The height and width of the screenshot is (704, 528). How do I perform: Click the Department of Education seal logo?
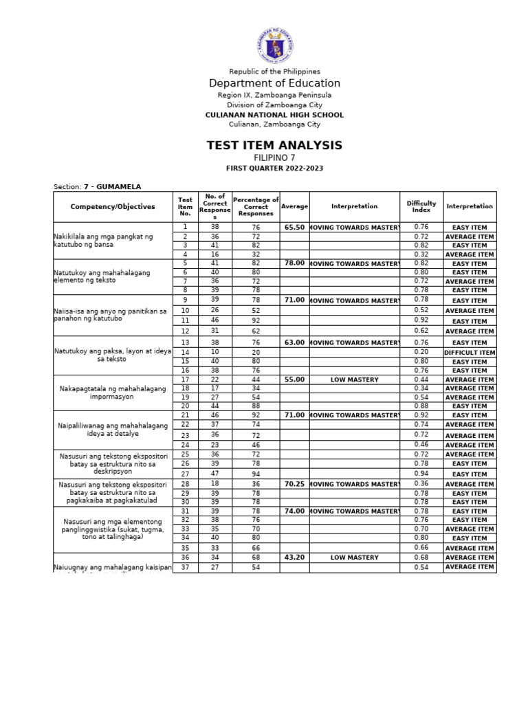tap(274, 43)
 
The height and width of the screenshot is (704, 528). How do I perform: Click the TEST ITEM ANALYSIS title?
tap(274, 145)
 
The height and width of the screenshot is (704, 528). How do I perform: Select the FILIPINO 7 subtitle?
tap(274, 157)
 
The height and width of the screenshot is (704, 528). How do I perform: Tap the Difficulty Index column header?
tap(421, 206)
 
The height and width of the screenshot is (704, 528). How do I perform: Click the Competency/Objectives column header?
tap(113, 206)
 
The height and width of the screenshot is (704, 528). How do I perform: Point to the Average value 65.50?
tap(294, 227)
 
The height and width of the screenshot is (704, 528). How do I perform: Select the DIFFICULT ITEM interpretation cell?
tap(470, 353)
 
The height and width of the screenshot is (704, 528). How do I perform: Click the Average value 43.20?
tap(294, 558)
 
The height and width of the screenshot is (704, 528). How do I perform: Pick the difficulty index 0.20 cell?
tap(421, 353)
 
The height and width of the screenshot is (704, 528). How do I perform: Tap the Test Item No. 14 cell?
tap(185, 353)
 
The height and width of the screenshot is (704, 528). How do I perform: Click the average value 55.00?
tap(294, 379)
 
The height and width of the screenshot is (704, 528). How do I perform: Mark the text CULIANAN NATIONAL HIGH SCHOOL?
tap(274, 115)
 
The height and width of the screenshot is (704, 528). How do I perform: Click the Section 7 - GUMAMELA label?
tap(97, 186)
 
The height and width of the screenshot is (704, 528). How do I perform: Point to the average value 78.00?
tap(294, 263)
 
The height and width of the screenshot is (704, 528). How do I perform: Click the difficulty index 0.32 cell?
tap(421, 254)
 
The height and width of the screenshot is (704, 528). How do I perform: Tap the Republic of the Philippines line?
tap(274, 71)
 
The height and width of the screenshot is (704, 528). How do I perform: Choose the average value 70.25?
tap(294, 484)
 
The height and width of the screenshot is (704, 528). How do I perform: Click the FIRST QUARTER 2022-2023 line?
tap(274, 168)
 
